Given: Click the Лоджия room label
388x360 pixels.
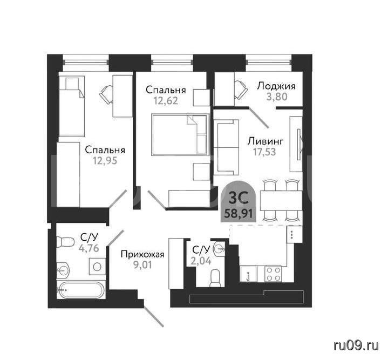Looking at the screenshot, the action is pos(276,86).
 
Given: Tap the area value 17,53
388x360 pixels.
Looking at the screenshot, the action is pos(264,152).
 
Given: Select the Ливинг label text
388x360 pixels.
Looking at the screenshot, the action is pos(266,141).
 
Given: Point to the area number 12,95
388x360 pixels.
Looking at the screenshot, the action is pos(105,161).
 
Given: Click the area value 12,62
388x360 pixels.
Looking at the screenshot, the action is pos(166,101).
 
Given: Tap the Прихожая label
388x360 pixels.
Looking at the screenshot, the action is pos(142,254).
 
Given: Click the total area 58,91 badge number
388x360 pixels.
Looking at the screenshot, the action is pos(239,213).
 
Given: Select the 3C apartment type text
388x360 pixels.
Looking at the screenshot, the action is pos(239,198).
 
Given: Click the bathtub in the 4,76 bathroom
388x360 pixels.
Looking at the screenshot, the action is pos(80,290).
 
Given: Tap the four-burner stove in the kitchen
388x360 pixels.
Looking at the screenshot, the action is pos(273,274).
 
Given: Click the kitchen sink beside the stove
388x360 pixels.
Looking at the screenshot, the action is pos(248,274).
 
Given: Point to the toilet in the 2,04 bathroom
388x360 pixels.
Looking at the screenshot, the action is pos(215,279).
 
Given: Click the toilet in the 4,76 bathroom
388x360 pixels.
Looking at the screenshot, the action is pos(65,242).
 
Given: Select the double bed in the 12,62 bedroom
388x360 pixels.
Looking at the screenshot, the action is pos(180,135).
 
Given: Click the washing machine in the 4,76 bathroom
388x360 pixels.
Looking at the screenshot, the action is pos(97,267).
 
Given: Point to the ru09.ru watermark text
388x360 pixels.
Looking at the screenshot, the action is pos(356,345).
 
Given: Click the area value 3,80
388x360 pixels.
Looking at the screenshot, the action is pos(277,97).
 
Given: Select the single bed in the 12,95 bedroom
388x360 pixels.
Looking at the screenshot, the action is pos(72,106).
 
